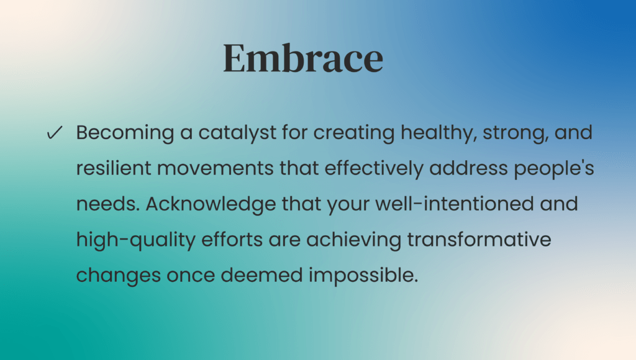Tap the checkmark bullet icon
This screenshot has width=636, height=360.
pyautogui.click(x=55, y=132)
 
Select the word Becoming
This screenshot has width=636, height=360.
pyautogui.click(x=125, y=133)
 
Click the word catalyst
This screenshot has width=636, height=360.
pyautogui.click(x=237, y=133)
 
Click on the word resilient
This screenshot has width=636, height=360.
pyautogui.click(x=114, y=168)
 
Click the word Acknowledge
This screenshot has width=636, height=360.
pyautogui.click(x=211, y=204)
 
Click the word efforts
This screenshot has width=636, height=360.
pyautogui.click(x=232, y=240)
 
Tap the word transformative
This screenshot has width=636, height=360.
pyautogui.click(x=479, y=240)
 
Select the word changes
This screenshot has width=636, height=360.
pyautogui.click(x=119, y=276)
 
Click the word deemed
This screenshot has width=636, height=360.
pyautogui.click(x=261, y=275)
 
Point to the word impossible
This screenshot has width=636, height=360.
pyautogui.click(x=363, y=276)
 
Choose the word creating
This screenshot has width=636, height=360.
pyautogui.click(x=353, y=133)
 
